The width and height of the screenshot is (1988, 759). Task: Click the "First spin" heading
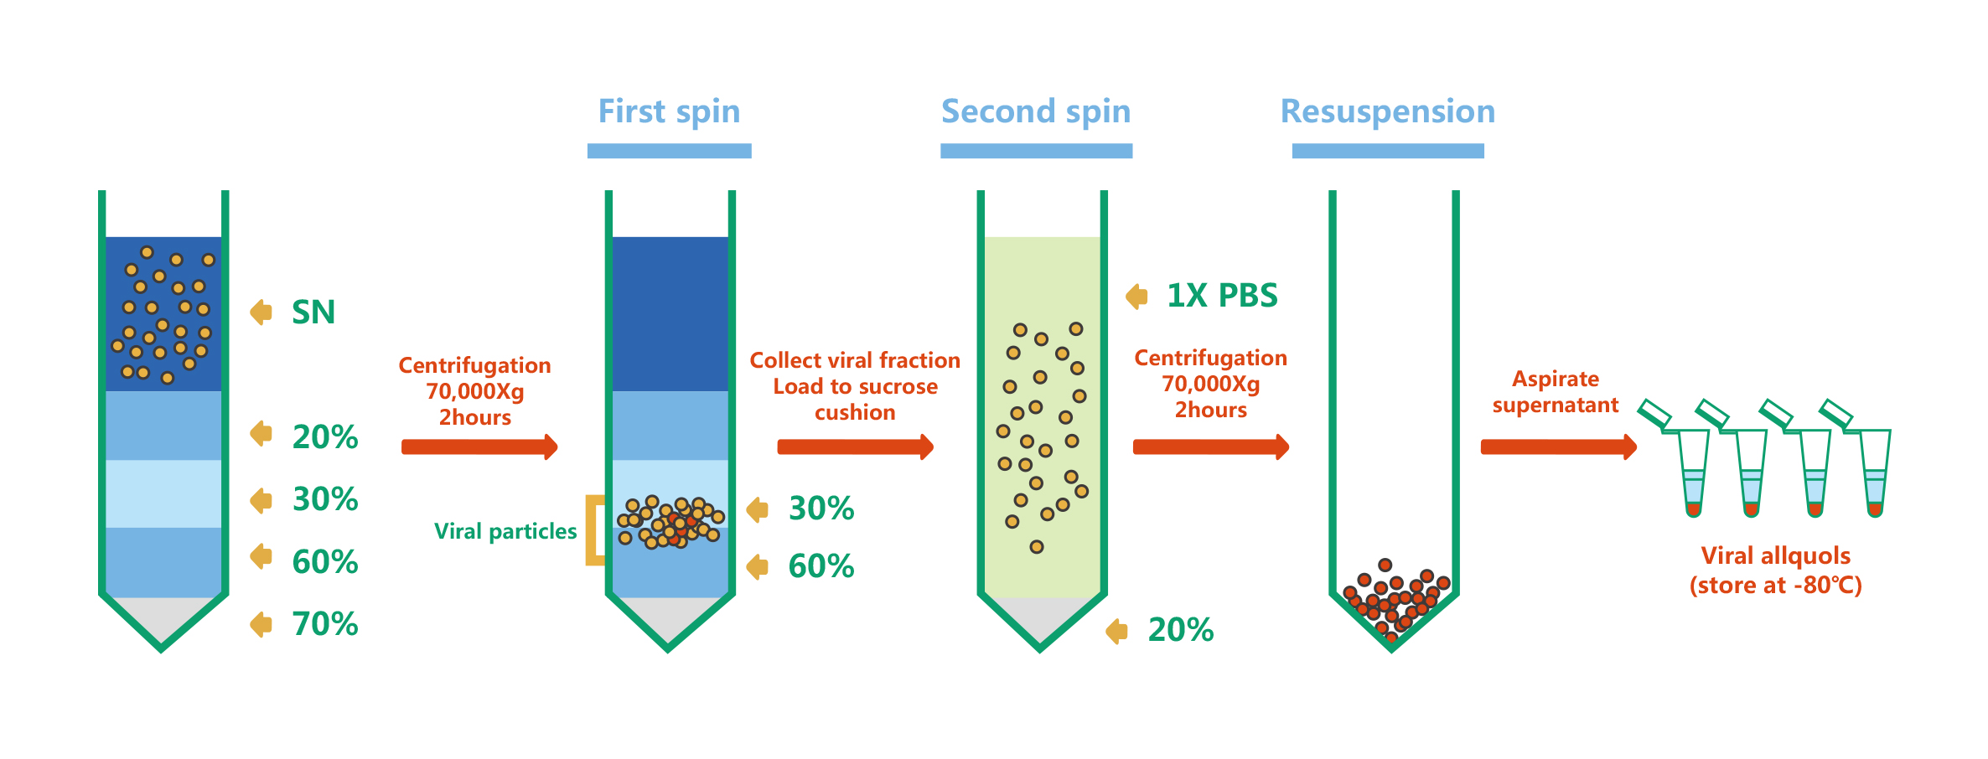(x=669, y=111)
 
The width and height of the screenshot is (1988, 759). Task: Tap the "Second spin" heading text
(x=1036, y=111)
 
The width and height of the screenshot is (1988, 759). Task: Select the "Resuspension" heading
(x=1388, y=111)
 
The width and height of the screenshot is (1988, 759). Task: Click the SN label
(x=313, y=312)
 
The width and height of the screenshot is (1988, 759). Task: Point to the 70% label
(x=325, y=624)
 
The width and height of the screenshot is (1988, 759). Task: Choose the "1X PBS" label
(x=1222, y=296)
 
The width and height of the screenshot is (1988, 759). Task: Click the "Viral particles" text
(x=505, y=531)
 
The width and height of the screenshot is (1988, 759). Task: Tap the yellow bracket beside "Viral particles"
(x=594, y=530)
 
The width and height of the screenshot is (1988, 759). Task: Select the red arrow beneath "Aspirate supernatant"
(x=1558, y=447)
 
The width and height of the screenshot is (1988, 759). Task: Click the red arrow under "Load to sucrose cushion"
(x=855, y=447)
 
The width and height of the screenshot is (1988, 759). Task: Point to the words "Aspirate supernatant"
(x=1556, y=392)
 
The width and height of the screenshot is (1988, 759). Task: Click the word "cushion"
(x=855, y=412)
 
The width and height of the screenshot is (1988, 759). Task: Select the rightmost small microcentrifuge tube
(x=1871, y=465)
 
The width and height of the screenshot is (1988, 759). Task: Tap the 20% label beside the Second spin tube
(x=1180, y=630)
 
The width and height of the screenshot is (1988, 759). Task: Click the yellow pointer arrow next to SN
(x=261, y=312)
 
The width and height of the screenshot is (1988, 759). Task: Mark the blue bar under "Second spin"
(x=1036, y=151)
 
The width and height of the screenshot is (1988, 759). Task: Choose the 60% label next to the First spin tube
(x=821, y=566)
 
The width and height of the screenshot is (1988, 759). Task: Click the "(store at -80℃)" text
(x=1775, y=585)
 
